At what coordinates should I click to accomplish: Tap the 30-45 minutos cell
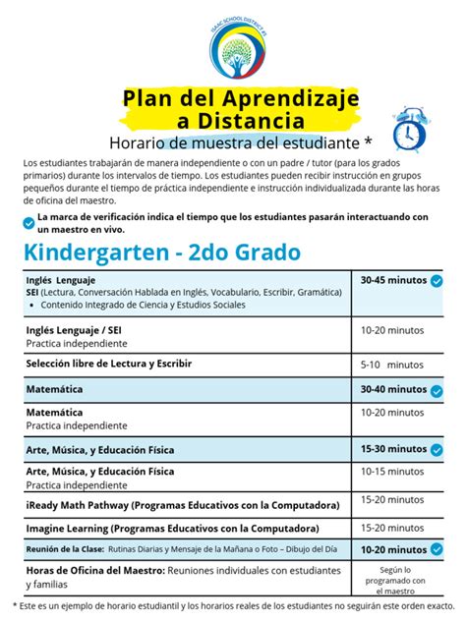pyautogui.click(x=393, y=281)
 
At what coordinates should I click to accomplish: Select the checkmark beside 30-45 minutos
pyautogui.click(x=437, y=281)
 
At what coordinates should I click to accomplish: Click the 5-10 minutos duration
pyautogui.click(x=390, y=364)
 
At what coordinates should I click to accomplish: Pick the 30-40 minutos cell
pyautogui.click(x=393, y=390)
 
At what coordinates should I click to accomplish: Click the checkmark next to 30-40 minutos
pyautogui.click(x=437, y=390)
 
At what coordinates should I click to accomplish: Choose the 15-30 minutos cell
pyautogui.click(x=393, y=449)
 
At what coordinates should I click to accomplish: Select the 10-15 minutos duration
pyautogui.click(x=392, y=473)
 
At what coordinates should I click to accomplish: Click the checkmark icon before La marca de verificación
pyautogui.click(x=28, y=222)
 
